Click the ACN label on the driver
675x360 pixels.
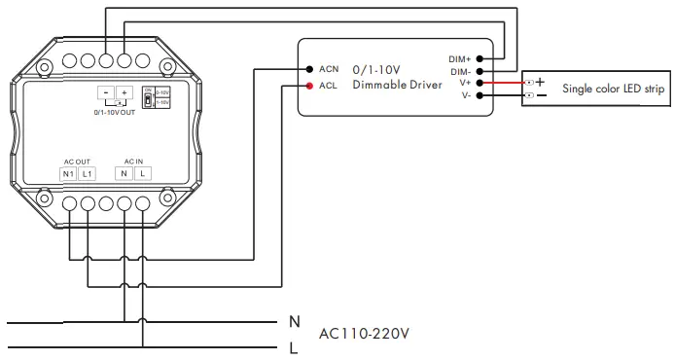pos(328,70)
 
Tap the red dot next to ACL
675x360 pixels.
pos(308,87)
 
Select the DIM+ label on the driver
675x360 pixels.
pos(459,57)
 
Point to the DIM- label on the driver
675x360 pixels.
pos(460,71)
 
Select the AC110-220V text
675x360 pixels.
pos(364,334)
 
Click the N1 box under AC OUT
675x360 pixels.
pos(68,173)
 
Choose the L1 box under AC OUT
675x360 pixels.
pos(87,173)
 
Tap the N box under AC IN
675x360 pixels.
pos(124,173)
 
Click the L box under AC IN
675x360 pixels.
pos(142,173)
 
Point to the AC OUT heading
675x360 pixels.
pos(77,160)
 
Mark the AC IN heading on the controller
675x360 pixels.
pos(133,160)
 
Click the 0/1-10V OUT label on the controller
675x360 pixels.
pos(114,113)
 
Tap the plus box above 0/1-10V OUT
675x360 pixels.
pos(124,92)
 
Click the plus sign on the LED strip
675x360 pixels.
pos(540,82)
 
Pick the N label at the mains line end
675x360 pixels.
pos(294,321)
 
